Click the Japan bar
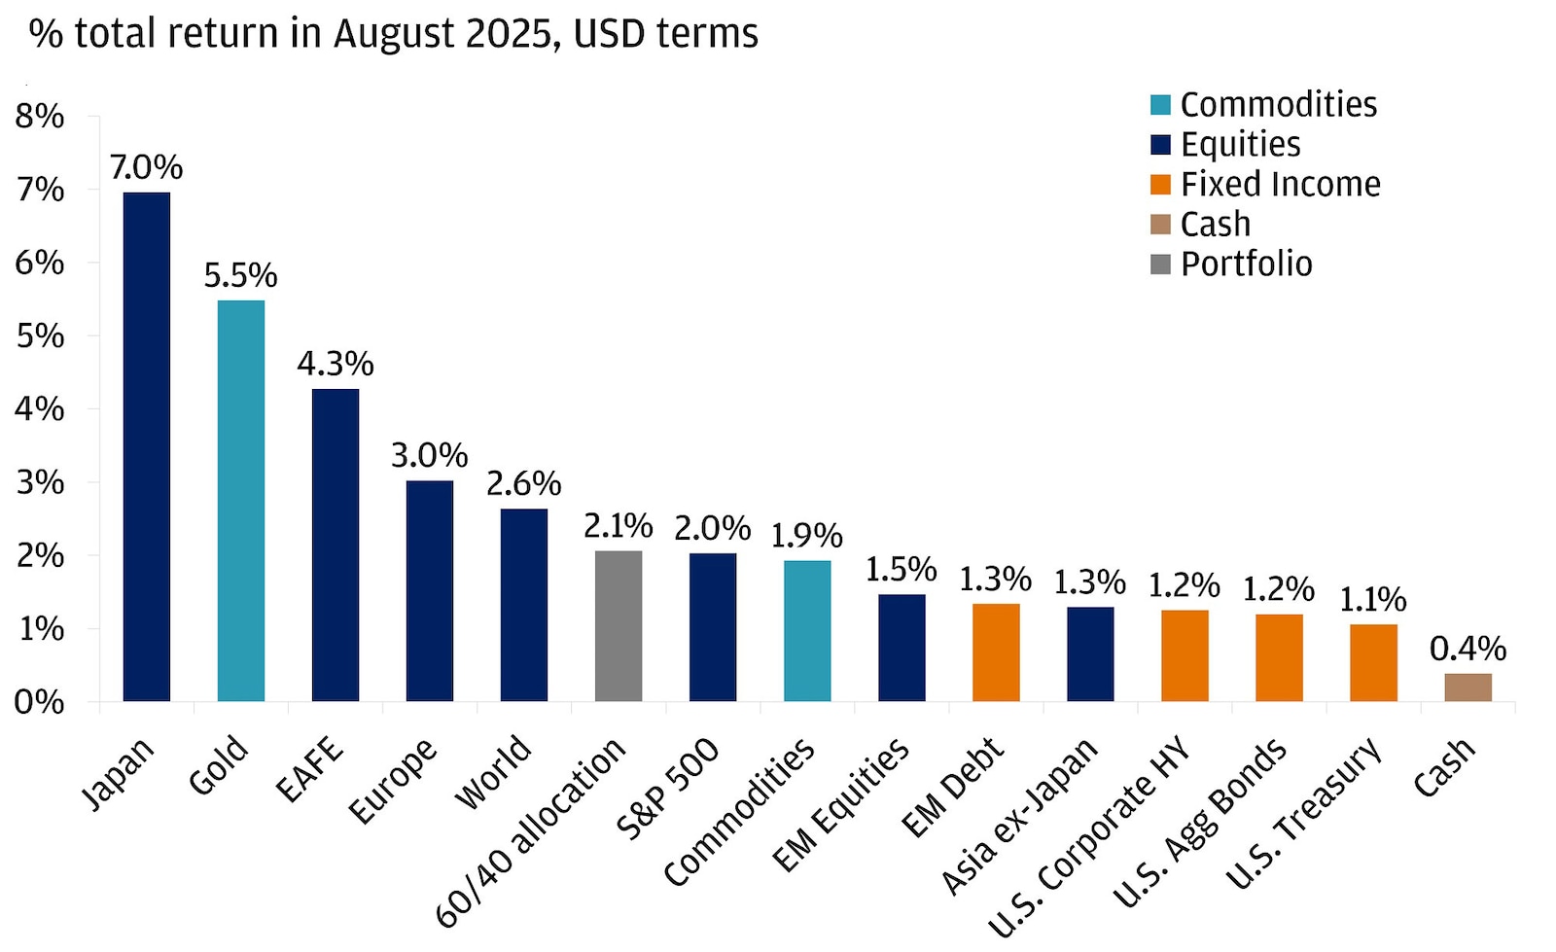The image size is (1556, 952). click(146, 446)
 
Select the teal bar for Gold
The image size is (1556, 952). click(240, 500)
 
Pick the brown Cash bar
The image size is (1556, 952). click(1467, 687)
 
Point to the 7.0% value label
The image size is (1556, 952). click(146, 167)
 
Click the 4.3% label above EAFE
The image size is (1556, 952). click(335, 364)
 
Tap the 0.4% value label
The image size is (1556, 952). click(1467, 649)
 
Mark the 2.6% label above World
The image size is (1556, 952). click(523, 483)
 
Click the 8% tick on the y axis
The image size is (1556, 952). click(39, 117)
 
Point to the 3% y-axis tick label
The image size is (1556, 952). click(39, 482)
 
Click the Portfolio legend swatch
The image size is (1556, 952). click(1160, 264)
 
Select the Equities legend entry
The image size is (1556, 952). click(1240, 144)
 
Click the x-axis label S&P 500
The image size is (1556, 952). click(668, 788)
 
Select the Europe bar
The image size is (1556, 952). click(429, 590)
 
